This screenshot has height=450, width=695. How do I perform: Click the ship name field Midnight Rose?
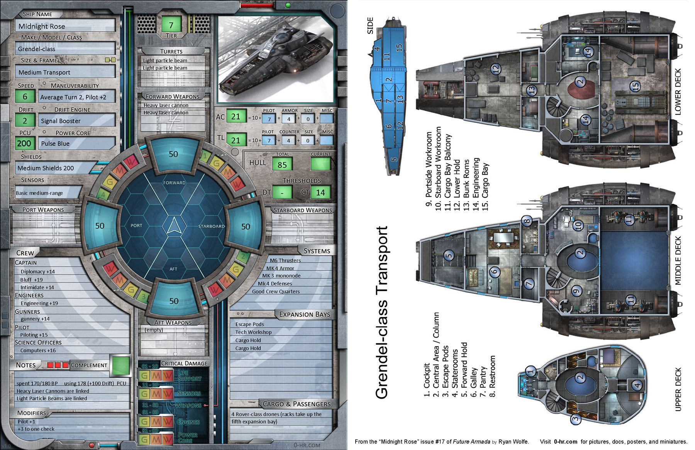click(65, 26)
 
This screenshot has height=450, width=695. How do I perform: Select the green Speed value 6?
click(25, 97)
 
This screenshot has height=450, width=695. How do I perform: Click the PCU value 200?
click(24, 143)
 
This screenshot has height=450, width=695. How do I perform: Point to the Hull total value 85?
click(282, 165)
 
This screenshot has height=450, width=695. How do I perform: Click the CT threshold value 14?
click(320, 192)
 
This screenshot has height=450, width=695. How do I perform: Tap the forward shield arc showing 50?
click(173, 154)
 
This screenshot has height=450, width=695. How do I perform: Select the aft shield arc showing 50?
click(174, 301)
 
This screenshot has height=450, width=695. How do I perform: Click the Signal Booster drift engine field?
click(76, 121)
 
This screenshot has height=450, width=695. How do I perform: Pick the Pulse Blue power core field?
click(76, 144)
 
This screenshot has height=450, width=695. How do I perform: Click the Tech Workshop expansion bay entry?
click(253, 332)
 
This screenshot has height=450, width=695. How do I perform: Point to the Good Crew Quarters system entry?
click(276, 292)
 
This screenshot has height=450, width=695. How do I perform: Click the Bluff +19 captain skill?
click(32, 280)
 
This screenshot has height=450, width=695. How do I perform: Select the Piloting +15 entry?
click(34, 335)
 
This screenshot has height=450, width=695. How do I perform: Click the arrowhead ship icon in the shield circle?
click(174, 226)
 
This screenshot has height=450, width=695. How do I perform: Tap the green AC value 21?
click(236, 116)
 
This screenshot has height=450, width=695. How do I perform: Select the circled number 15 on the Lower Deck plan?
click(635, 86)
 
